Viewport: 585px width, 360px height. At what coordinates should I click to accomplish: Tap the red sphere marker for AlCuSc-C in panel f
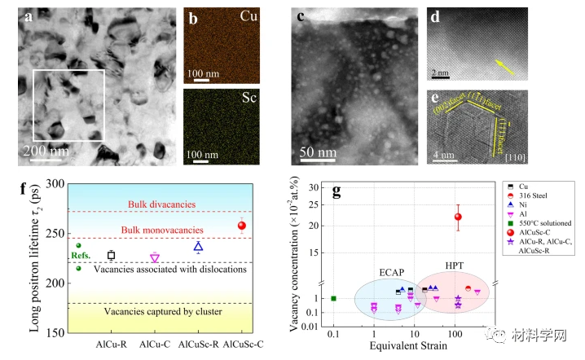point(241,226)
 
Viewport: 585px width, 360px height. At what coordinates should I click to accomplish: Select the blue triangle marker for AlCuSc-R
point(198,246)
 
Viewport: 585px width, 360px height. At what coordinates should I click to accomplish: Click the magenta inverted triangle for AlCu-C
point(155,257)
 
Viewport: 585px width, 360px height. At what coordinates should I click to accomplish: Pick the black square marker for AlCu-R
point(112,255)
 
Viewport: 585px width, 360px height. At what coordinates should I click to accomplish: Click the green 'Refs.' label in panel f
point(81,256)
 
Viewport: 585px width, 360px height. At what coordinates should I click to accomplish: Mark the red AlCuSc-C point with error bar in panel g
point(458,217)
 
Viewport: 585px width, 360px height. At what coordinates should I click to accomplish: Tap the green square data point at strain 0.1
point(333,298)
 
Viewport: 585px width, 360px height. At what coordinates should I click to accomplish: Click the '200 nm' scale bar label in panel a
point(48,151)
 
